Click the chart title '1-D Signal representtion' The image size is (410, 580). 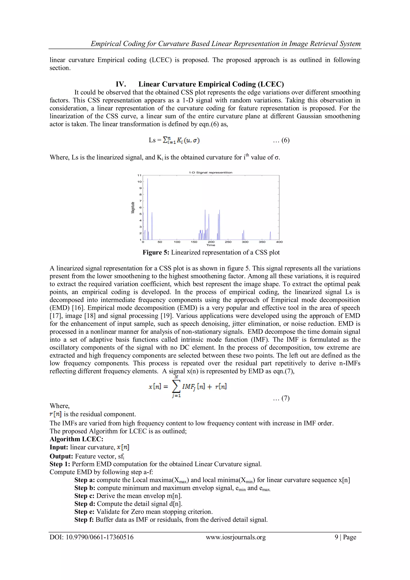(x=211, y=172)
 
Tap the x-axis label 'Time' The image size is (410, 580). (x=211, y=245)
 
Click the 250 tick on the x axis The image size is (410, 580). (x=228, y=242)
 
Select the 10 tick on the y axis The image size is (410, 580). (x=139, y=182)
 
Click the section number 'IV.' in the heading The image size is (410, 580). (x=121, y=84)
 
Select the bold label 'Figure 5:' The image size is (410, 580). (x=156, y=252)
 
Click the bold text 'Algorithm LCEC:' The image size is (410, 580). (x=76, y=439)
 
